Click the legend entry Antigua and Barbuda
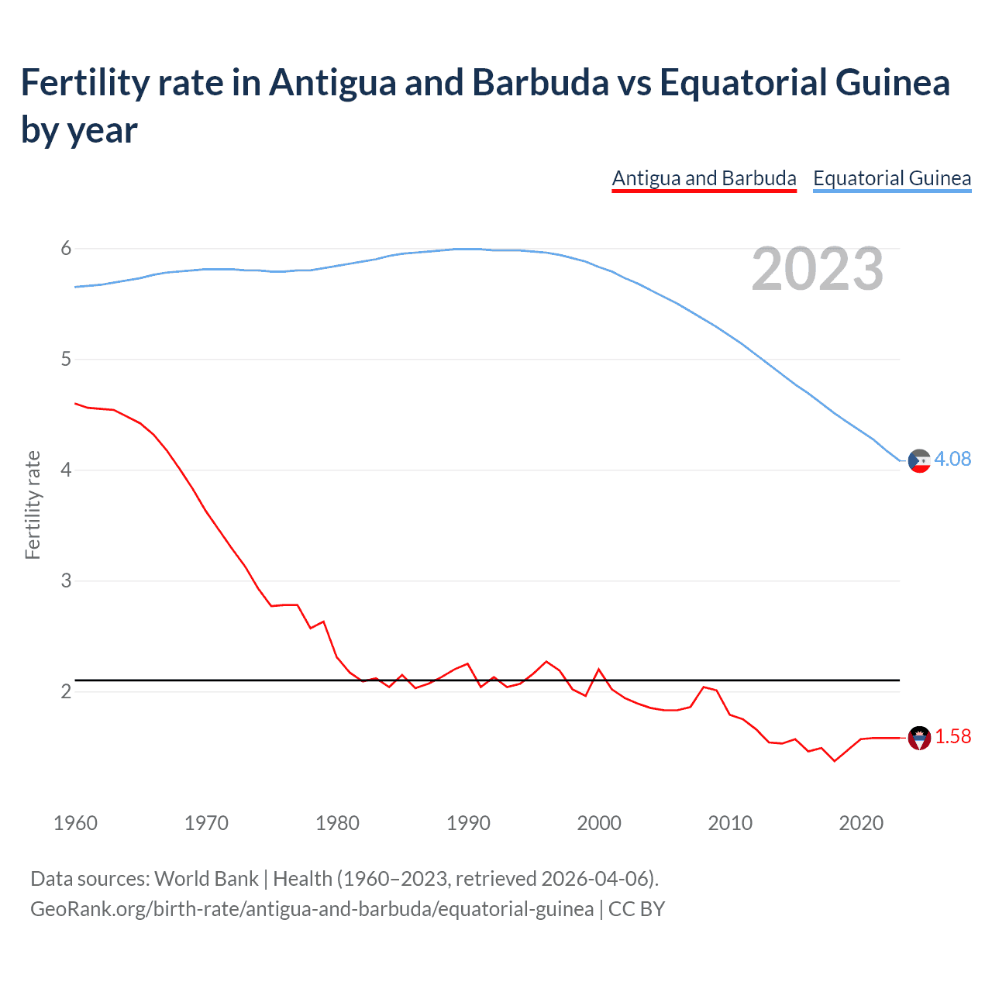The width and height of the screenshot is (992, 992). (704, 178)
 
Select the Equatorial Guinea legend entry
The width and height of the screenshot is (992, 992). (891, 178)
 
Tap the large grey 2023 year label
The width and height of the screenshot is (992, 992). (817, 269)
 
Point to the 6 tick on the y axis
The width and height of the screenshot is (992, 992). (66, 248)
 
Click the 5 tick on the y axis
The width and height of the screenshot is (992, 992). (66, 359)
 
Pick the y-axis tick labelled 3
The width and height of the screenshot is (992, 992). (66, 580)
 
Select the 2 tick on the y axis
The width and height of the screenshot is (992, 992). (66, 691)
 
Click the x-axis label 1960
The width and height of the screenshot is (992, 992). (75, 823)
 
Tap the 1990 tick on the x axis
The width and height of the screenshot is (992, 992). (468, 823)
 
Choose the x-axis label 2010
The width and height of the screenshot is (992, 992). (730, 823)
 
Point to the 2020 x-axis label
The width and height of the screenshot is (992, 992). (861, 823)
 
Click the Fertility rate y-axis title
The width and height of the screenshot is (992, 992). (33, 505)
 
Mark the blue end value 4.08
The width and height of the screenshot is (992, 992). (952, 459)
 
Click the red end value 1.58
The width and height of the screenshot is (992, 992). (952, 736)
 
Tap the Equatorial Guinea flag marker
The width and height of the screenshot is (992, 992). (919, 460)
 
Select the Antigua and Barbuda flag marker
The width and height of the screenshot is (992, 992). (919, 738)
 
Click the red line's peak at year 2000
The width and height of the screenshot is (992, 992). (598, 669)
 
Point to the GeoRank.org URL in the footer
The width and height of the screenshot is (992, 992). (312, 908)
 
